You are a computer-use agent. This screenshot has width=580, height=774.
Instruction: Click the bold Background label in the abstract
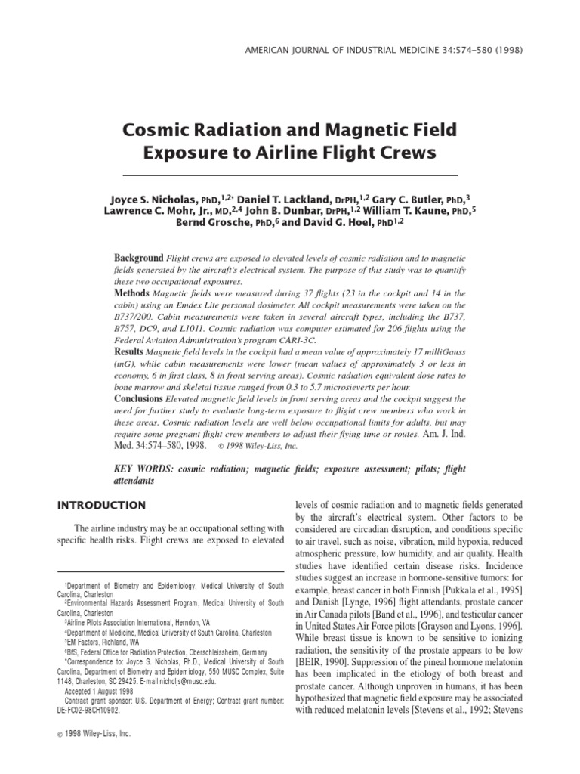coord(138,258)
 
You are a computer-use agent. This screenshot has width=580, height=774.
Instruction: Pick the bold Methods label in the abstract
coord(132,292)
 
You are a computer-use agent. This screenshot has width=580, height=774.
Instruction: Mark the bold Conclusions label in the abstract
coord(140,398)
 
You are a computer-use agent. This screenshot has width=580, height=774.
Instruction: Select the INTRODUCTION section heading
coord(103,505)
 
